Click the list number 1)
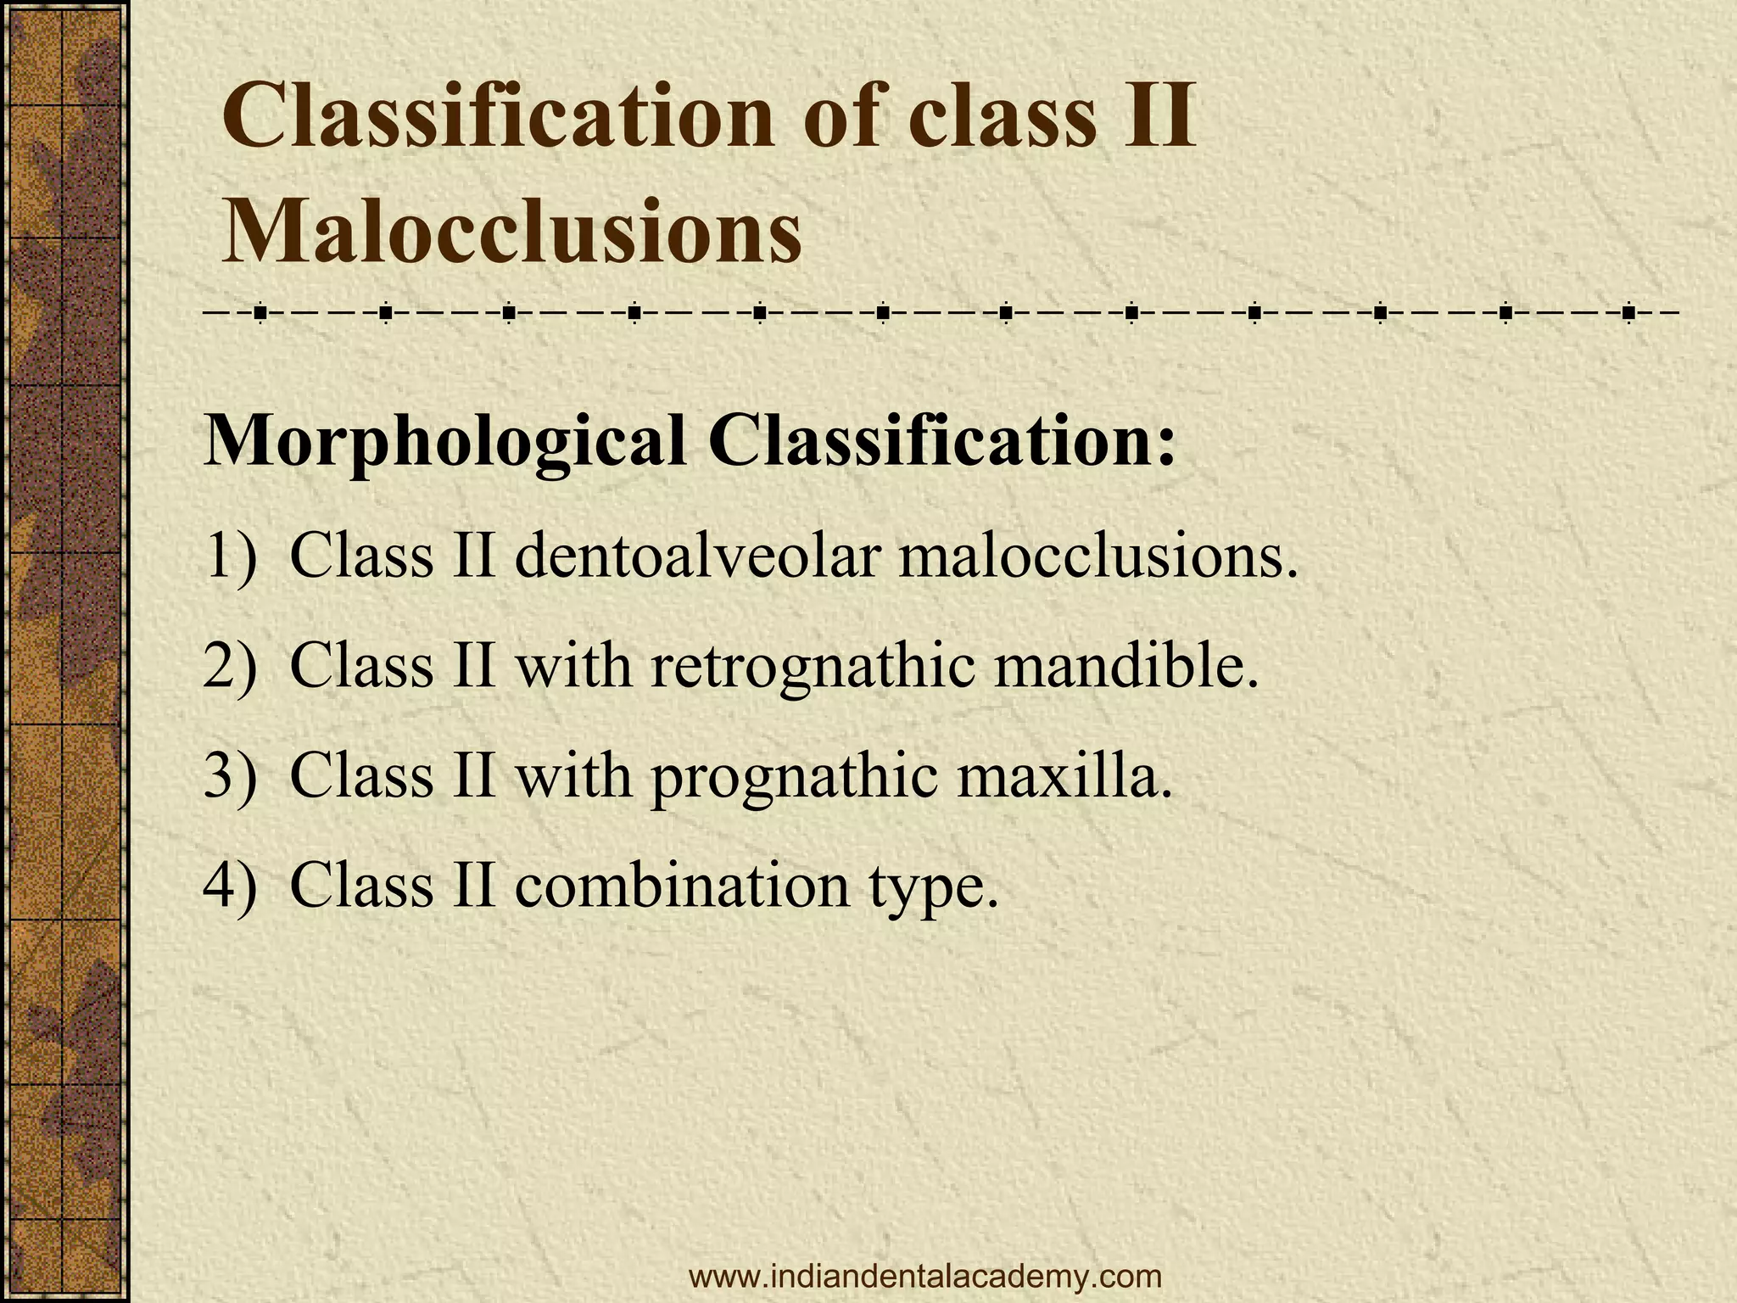tap(230, 557)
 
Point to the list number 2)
tap(230, 667)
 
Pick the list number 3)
tap(230, 776)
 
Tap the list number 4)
tap(230, 886)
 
